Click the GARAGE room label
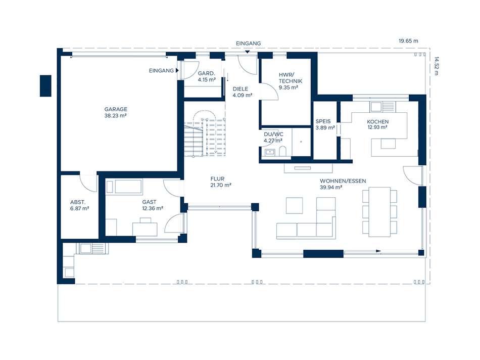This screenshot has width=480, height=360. (116, 109)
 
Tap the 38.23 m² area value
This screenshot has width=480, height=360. (115, 115)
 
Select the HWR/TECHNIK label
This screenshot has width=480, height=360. (290, 78)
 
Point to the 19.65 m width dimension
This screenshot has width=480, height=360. (408, 41)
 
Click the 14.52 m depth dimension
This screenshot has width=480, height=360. (436, 66)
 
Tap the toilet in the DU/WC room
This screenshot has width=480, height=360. (282, 151)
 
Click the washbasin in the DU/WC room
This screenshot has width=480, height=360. (270, 152)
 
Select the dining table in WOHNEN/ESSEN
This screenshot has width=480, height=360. (379, 212)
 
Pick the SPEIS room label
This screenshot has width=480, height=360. (323, 121)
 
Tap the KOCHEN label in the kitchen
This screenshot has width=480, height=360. (378, 122)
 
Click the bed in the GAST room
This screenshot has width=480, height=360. (124, 187)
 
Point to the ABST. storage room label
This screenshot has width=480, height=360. (78, 202)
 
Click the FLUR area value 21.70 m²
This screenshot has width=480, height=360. (221, 185)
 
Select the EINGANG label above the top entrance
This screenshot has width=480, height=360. (248, 43)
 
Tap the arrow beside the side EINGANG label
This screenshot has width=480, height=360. (177, 70)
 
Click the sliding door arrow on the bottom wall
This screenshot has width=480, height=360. (363, 251)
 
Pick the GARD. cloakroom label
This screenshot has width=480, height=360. (206, 73)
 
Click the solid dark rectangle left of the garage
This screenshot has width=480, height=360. (45, 86)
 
